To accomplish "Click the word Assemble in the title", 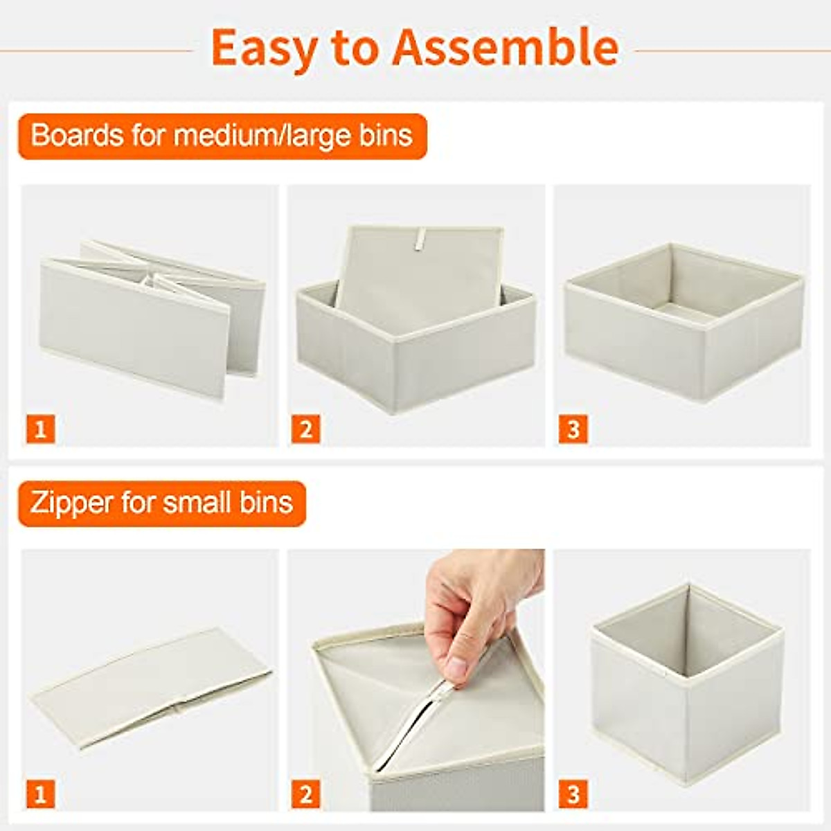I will click(x=506, y=48).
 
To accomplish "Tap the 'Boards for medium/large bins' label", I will click(x=222, y=136).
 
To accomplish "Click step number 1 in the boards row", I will click(x=41, y=429).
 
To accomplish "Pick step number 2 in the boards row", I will click(x=306, y=429).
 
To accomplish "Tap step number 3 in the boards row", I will click(x=573, y=429).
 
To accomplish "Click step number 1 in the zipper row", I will click(x=41, y=794).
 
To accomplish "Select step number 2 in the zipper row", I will click(x=306, y=794).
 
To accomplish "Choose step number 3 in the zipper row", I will click(x=573, y=794).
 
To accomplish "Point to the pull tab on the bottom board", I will click(x=418, y=238).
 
